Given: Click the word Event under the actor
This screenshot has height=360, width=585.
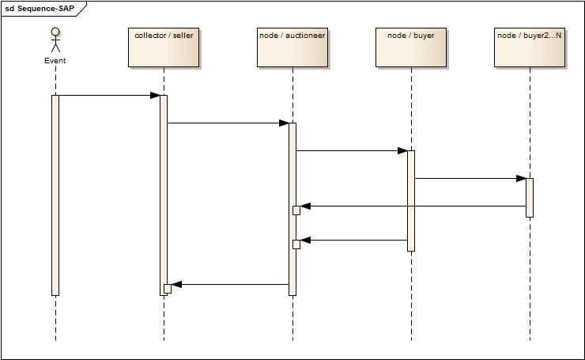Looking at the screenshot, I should [x=55, y=60].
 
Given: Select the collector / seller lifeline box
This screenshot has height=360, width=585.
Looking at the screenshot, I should [x=164, y=47].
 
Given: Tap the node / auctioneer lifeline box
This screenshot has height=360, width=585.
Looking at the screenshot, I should [x=292, y=47].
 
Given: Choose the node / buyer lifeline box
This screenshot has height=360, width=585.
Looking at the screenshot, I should [x=411, y=47].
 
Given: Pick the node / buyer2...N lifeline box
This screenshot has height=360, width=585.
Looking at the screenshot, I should [x=530, y=47].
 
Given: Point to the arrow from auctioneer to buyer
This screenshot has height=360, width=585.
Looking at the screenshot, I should [x=352, y=150].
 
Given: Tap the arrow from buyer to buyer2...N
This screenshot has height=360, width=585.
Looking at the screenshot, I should [x=470, y=178].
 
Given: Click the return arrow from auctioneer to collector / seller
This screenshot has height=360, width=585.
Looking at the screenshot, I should [x=230, y=284].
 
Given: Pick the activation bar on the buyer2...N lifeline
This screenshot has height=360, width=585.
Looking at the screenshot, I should [x=530, y=197].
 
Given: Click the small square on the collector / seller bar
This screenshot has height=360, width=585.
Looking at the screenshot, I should [x=168, y=288].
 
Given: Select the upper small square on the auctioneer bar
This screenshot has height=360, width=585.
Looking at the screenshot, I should [x=296, y=210].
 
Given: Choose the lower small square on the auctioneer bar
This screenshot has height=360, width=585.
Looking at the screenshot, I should [x=296, y=244].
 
